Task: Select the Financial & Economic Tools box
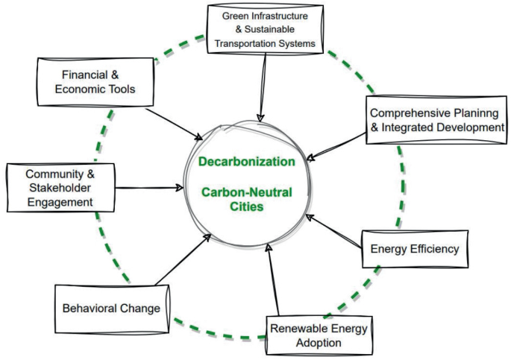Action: [x=96, y=83]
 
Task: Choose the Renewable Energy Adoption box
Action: [x=319, y=335]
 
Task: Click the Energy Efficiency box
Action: [x=414, y=249]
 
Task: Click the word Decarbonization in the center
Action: [x=246, y=160]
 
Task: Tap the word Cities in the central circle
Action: [x=246, y=207]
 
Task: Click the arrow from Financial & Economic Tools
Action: [x=174, y=123]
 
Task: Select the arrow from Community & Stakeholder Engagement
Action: [x=149, y=187]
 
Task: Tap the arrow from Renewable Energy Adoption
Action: [x=272, y=280]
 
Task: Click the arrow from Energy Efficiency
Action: [x=336, y=232]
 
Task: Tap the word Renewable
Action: [x=298, y=328]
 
